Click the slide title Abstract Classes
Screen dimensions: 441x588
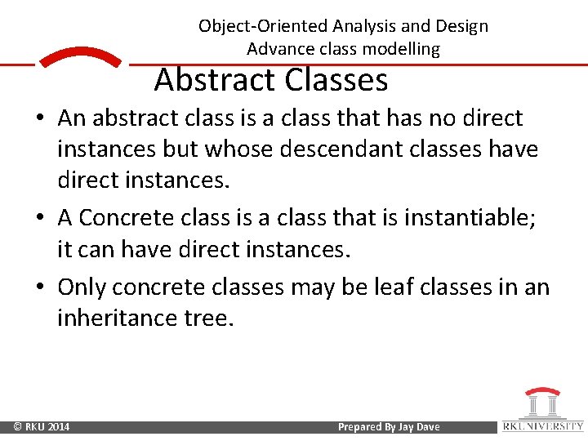pos(270,80)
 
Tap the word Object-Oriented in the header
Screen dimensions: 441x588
pos(262,26)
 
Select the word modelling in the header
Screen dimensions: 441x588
pos(402,49)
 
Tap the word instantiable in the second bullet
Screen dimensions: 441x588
pos(466,218)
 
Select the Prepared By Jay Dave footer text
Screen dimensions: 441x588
pos(389,427)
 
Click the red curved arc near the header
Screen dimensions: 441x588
pos(80,56)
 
